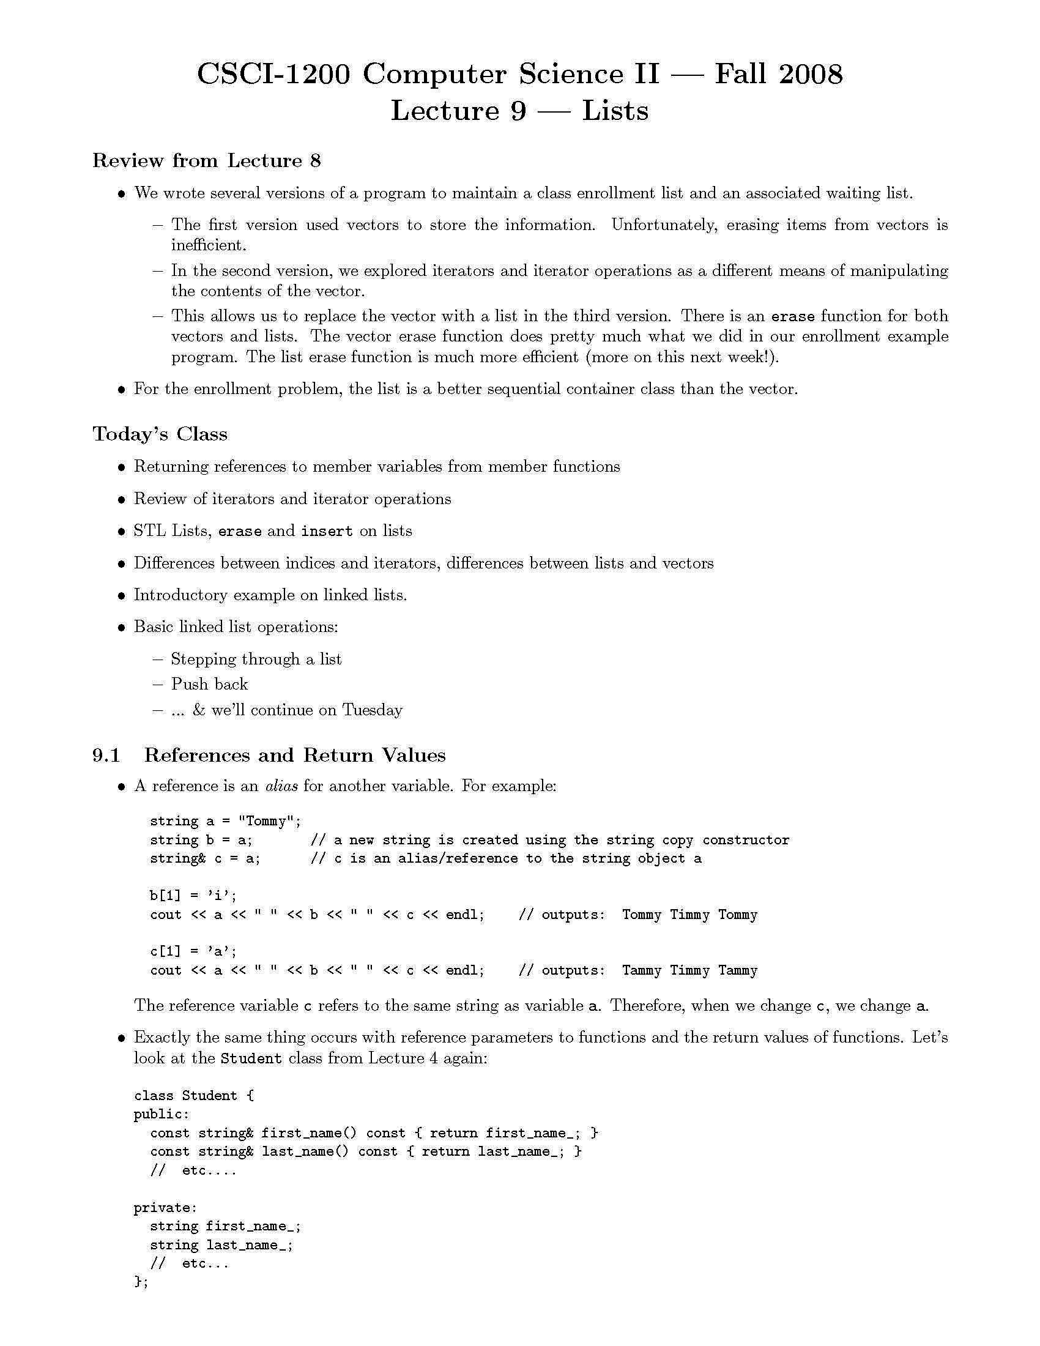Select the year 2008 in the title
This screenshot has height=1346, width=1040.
click(x=810, y=75)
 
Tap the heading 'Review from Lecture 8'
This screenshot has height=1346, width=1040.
click(x=206, y=161)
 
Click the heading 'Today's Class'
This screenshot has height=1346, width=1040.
click(x=160, y=434)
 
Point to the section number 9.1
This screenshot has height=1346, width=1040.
click(x=106, y=755)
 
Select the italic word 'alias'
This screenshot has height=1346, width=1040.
click(x=281, y=786)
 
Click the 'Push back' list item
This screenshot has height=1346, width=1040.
click(x=209, y=684)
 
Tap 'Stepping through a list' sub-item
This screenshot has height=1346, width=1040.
click(x=256, y=659)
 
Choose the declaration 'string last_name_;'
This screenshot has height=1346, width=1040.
click(x=222, y=1245)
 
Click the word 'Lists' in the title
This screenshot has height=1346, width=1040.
click(x=615, y=111)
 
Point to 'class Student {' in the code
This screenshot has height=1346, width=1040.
click(x=194, y=1095)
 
